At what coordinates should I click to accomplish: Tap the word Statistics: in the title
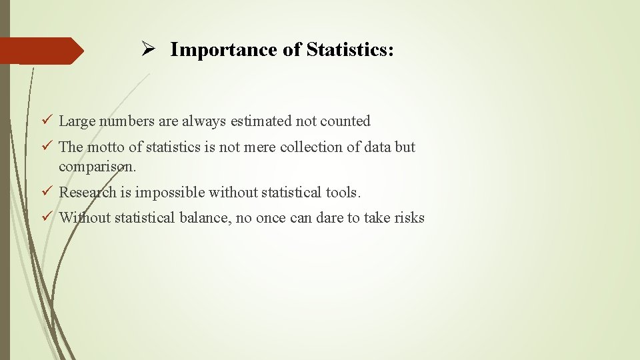tap(350, 49)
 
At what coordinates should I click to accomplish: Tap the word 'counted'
tap(345, 121)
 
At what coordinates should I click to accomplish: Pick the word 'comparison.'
tap(97, 166)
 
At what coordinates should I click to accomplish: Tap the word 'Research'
tap(87, 193)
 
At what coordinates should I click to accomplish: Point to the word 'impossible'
tap(170, 193)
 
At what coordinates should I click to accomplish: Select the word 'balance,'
tap(206, 217)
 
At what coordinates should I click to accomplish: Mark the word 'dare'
tap(330, 217)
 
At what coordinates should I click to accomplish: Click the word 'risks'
tap(409, 217)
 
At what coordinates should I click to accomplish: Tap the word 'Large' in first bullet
tap(77, 121)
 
